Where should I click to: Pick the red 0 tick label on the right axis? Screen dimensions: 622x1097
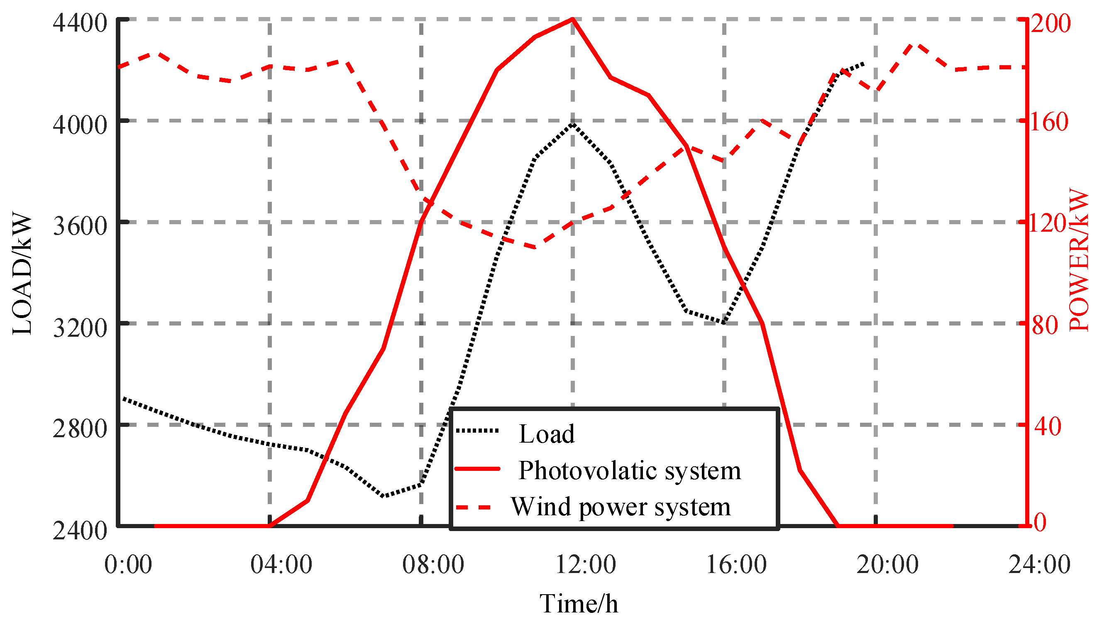(x=1040, y=522)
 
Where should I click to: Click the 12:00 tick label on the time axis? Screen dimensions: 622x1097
(x=585, y=564)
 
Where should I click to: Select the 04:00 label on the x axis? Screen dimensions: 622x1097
(x=281, y=564)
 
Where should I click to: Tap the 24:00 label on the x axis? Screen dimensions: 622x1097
(x=1039, y=564)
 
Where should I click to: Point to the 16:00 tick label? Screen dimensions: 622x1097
(x=736, y=564)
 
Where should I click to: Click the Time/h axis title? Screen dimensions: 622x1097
(x=579, y=604)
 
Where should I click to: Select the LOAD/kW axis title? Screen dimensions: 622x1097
(x=22, y=273)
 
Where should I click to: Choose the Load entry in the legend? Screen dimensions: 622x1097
(x=546, y=434)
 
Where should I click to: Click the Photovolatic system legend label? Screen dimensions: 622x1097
(x=629, y=470)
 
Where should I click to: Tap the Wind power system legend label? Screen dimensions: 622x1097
(x=621, y=507)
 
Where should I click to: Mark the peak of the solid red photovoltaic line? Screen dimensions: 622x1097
(x=572, y=19)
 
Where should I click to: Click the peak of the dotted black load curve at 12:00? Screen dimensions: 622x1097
(x=572, y=124)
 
